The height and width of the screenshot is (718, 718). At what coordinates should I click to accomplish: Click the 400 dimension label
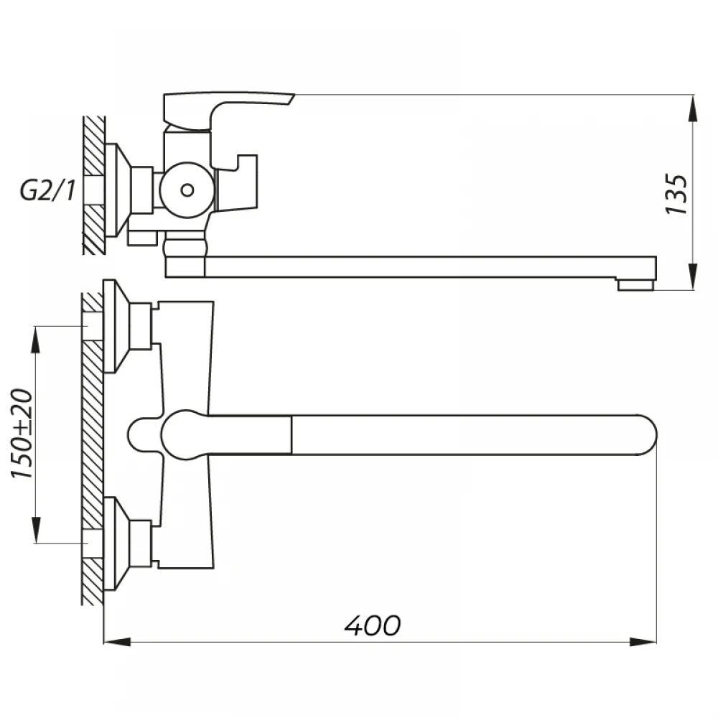372,625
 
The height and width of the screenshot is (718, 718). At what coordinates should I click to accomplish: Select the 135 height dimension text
676,194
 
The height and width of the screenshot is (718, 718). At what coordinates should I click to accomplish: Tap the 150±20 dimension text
22,434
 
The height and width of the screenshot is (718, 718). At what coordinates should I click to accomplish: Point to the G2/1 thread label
47,190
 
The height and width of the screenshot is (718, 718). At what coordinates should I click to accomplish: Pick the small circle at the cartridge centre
187,190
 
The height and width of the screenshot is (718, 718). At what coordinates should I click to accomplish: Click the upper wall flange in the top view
116,325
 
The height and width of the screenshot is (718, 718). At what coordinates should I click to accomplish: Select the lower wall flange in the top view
116,544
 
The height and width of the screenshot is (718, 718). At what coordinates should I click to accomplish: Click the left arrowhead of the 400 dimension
117,642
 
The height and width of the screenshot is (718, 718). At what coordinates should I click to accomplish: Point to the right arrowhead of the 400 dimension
643,642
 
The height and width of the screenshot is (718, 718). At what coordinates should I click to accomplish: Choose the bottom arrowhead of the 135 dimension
694,276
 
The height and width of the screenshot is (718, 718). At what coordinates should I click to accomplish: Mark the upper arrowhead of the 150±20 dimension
36,340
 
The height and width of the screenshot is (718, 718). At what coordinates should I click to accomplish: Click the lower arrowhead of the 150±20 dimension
36,531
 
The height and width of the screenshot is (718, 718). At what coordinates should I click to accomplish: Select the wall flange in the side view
118,190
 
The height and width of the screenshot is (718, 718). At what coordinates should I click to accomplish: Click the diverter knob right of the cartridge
236,182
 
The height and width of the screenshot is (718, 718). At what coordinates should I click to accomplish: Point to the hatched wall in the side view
94,185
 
